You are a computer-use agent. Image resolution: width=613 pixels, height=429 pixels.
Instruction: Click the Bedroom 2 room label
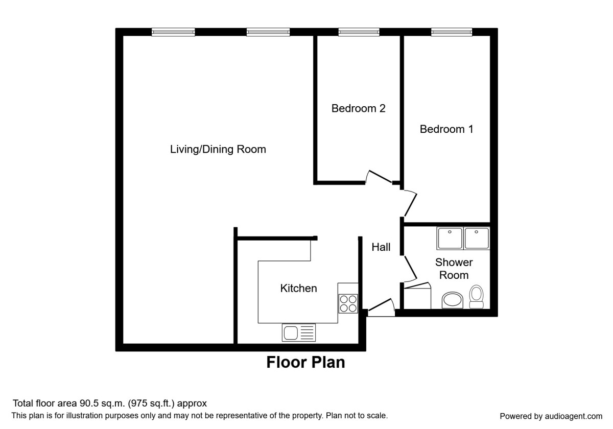point(358,108)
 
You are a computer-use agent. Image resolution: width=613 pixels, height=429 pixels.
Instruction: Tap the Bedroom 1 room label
point(446,129)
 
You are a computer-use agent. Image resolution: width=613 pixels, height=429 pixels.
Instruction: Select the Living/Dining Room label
point(218,150)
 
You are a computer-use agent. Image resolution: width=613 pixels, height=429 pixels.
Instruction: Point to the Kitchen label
point(298,289)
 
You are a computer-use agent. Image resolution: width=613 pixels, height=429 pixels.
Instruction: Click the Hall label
point(381,248)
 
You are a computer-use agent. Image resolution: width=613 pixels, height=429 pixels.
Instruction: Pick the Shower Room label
point(454,269)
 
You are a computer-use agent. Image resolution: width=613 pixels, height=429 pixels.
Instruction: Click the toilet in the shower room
point(477,297)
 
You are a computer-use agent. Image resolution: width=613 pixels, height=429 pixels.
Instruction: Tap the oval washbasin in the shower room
point(452,301)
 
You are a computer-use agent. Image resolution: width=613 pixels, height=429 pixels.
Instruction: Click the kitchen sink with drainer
point(298,333)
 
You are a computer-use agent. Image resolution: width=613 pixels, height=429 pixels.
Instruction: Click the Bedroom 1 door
point(410,203)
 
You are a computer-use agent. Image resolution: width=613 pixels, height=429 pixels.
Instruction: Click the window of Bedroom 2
point(359,32)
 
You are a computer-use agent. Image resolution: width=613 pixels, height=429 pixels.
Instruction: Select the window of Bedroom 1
point(452,32)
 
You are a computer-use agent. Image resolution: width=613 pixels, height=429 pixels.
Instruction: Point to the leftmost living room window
point(173,32)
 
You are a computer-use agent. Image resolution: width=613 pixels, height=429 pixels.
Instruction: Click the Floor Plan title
point(305,363)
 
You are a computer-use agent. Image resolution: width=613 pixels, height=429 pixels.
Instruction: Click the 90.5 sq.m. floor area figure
point(102,403)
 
